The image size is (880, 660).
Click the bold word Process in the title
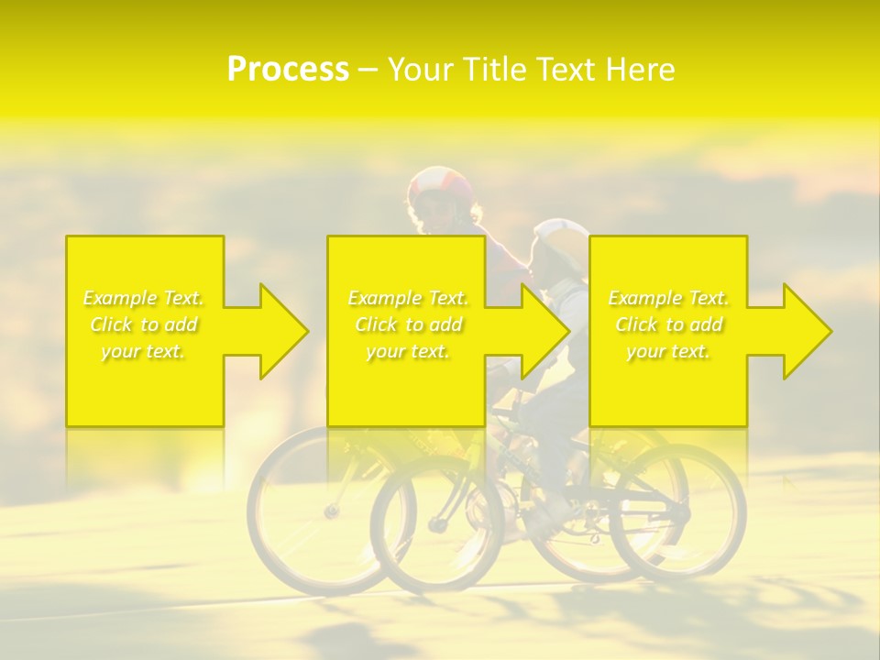pos(288,70)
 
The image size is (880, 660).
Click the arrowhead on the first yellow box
pos(280,331)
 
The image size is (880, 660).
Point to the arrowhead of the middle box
pos(542,331)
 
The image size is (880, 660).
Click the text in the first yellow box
pos(144,324)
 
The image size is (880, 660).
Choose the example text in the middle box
pos(408,324)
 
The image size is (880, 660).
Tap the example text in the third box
pos(668,324)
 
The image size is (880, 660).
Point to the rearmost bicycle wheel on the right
pos(678,513)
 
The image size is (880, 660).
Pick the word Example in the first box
pos(120,298)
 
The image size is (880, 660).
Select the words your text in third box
pos(668,351)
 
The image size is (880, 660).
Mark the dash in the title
pos(368,70)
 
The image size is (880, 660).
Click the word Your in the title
pos(420,70)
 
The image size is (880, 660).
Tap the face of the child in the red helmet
pos(439,216)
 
